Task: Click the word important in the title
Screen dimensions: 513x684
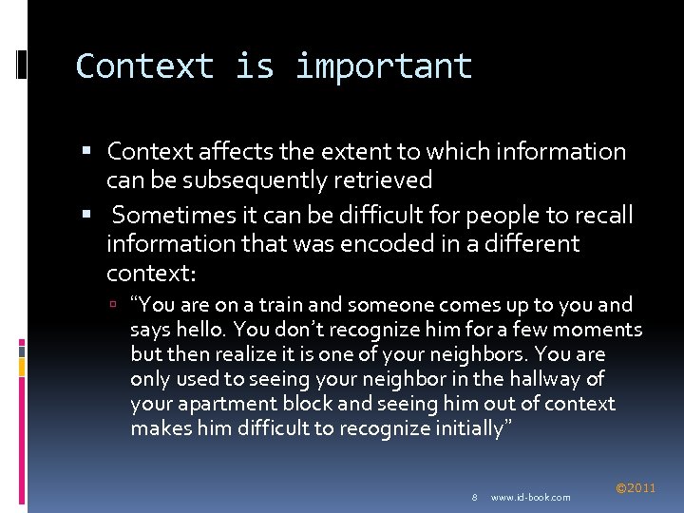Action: coord(383,66)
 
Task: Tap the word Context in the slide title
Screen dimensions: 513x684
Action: coord(144,66)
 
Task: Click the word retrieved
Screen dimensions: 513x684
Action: coord(389,180)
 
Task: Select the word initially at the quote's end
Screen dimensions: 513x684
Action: coord(474,428)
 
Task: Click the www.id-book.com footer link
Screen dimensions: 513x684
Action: coord(531,497)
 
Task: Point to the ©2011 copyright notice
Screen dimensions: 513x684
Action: coord(636,488)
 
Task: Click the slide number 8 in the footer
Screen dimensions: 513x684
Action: coord(474,497)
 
